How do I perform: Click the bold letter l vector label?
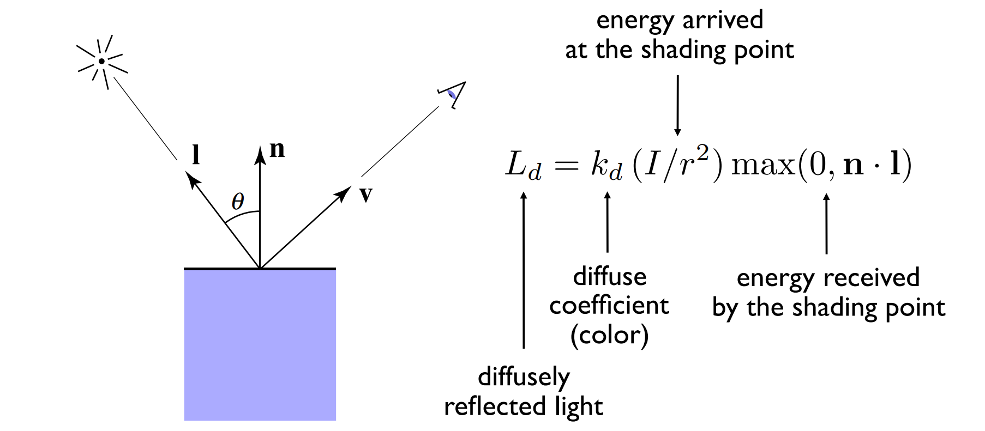[196, 155]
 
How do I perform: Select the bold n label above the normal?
[277, 149]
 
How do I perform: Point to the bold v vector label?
[366, 194]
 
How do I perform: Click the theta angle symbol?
[238, 202]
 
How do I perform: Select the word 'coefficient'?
[609, 305]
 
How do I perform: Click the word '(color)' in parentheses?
[609, 335]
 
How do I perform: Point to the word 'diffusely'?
[524, 377]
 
